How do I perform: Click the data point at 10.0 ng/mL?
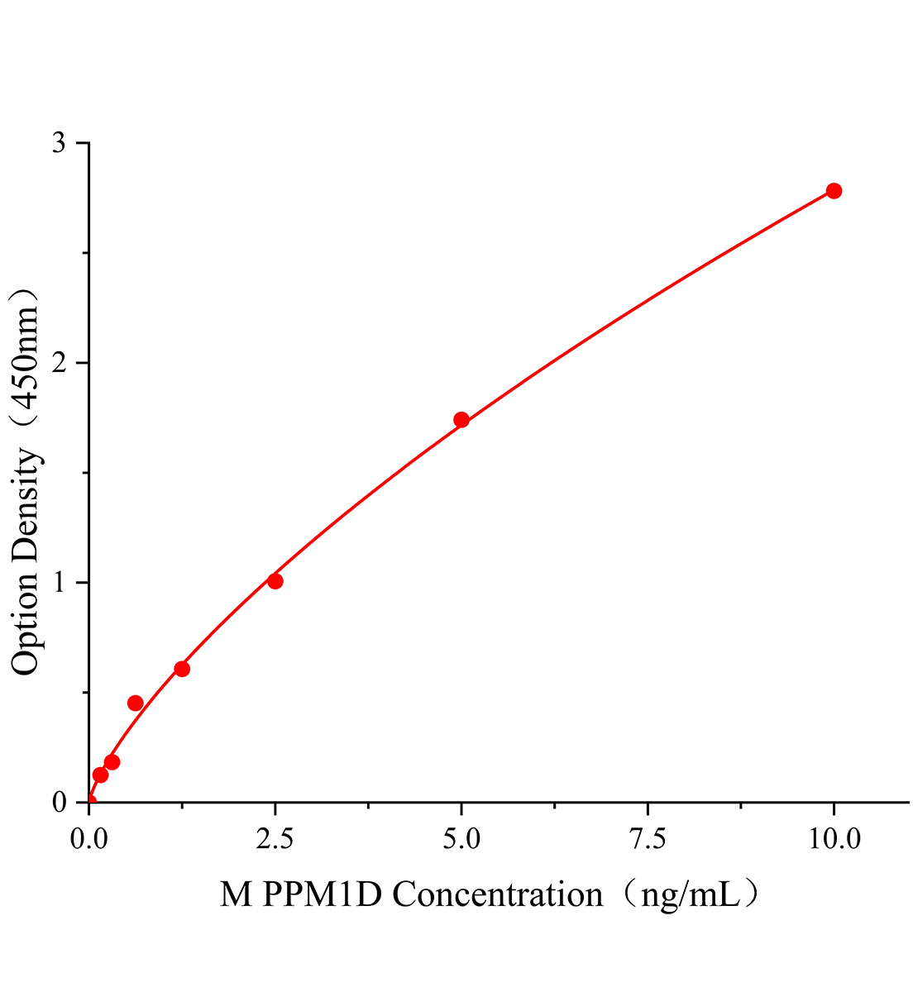pos(834,191)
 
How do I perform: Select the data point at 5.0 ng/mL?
pos(461,420)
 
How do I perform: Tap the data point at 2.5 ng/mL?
pos(275,581)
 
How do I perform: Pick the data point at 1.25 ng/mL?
pos(182,669)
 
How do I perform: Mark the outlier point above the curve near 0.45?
pos(136,703)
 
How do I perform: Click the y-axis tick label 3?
pos(59,143)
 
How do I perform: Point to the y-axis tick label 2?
pos(59,363)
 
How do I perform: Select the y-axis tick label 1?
pos(59,583)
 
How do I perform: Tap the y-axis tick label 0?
pos(59,802)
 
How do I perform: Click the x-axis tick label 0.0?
pos(88,839)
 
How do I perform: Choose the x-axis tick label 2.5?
pos(275,839)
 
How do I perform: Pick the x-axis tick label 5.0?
pos(461,839)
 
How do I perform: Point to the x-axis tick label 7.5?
pos(648,839)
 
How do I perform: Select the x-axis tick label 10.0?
pos(834,839)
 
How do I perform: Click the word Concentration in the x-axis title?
pos(497,895)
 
